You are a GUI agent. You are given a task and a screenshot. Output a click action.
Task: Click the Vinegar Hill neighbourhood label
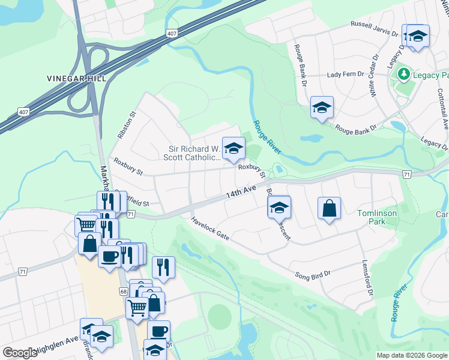(x=76, y=79)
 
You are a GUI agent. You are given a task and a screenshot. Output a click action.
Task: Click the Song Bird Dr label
(x=312, y=275)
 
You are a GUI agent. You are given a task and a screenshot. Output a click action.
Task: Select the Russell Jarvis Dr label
(x=375, y=28)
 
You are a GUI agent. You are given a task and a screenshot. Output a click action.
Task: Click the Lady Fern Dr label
(x=346, y=74)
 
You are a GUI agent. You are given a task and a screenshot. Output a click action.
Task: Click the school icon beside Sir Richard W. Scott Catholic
(x=234, y=148)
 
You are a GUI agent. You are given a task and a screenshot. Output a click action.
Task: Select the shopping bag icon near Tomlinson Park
(x=329, y=209)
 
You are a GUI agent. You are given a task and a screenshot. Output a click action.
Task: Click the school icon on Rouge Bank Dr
(x=322, y=107)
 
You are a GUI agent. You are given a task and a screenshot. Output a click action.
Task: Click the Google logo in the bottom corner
(x=20, y=352)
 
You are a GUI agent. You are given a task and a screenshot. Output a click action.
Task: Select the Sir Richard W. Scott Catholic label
(x=193, y=153)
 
